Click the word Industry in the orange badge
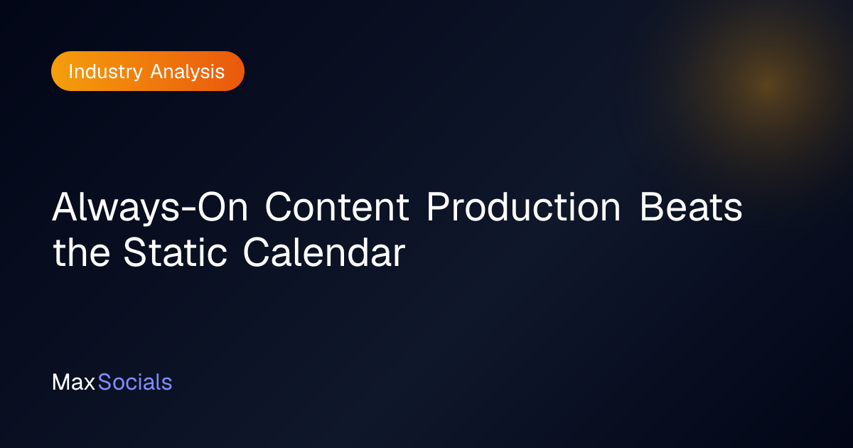click(105, 73)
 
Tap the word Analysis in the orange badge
click(188, 72)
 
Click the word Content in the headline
click(337, 207)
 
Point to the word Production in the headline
click(524, 207)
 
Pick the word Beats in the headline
click(691, 207)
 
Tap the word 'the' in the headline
click(82, 252)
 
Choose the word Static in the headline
click(175, 252)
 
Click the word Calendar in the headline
click(324, 252)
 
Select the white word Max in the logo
click(73, 382)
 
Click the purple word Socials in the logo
click(135, 382)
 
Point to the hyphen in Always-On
click(188, 210)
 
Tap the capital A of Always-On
click(66, 206)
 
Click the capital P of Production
click(438, 206)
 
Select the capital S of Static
click(135, 252)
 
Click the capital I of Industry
click(70, 72)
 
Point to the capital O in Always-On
click(211, 206)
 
